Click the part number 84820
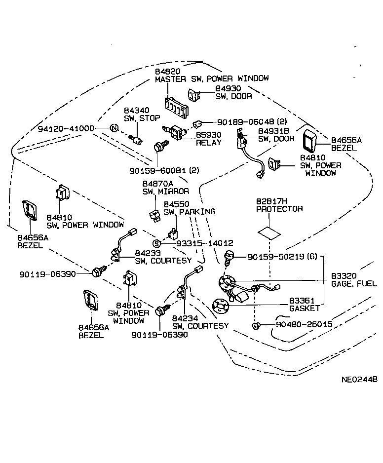pyautogui.click(x=166, y=71)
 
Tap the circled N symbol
pyautogui.click(x=114, y=128)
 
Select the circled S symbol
pyautogui.click(x=156, y=243)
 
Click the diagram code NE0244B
pyautogui.click(x=359, y=380)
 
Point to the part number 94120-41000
pyautogui.click(x=66, y=128)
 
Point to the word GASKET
pyautogui.click(x=305, y=308)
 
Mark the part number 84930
pyautogui.click(x=226, y=88)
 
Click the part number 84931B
pyautogui.click(x=274, y=130)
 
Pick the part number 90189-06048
pyautogui.click(x=240, y=121)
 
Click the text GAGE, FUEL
pyautogui.click(x=354, y=283)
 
